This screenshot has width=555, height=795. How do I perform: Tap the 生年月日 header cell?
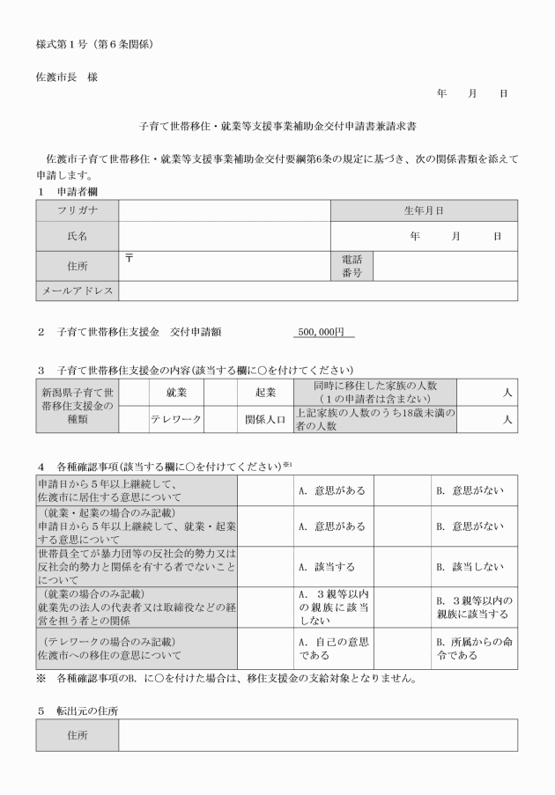423,210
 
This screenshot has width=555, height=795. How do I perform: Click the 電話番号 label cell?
351,267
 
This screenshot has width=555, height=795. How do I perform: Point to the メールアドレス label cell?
77,291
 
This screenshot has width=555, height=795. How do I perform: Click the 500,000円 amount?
322,333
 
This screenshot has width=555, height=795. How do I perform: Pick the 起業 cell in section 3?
265,392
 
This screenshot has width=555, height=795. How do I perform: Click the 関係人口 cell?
265,419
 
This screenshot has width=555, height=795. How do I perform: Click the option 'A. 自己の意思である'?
331,648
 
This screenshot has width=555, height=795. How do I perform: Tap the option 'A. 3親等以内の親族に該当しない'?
331,607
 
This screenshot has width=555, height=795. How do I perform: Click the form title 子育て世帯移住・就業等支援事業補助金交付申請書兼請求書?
277,127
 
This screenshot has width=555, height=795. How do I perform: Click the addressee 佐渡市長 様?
67,77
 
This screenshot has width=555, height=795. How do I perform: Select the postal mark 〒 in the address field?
129,256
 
